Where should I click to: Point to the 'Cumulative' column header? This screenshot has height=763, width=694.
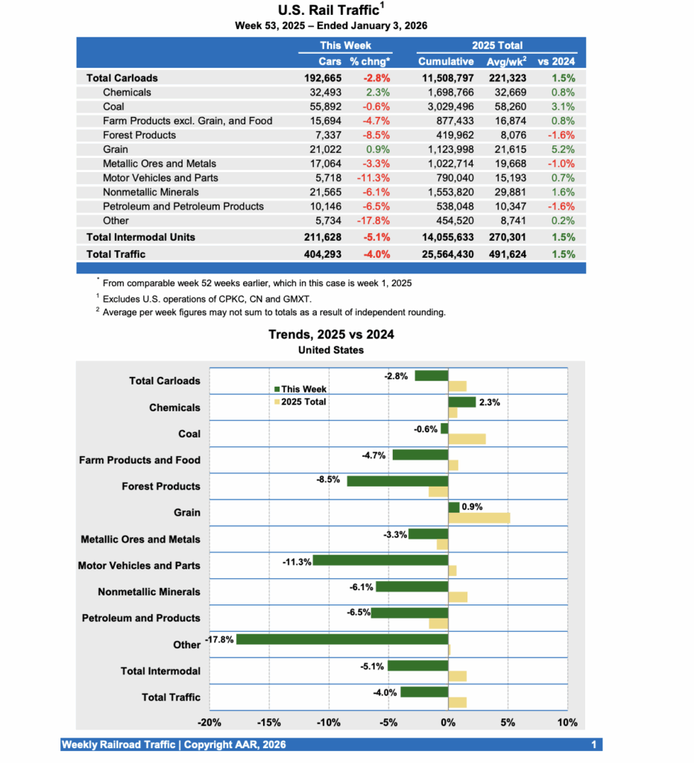[446, 61]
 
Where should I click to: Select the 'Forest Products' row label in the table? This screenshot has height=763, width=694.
[139, 135]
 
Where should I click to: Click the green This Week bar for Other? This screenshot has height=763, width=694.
[342, 639]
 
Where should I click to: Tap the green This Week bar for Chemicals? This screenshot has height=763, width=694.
[461, 402]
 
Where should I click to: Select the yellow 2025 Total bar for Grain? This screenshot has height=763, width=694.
[479, 518]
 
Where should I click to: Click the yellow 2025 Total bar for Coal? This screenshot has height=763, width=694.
[467, 439]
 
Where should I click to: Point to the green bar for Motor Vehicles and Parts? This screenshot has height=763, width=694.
[380, 560]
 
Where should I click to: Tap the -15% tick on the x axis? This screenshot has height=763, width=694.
[268, 723]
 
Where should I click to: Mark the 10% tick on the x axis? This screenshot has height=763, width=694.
[567, 723]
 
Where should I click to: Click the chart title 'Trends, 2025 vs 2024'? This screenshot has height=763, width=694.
[331, 335]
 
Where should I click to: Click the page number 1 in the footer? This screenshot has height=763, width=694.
[593, 744]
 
